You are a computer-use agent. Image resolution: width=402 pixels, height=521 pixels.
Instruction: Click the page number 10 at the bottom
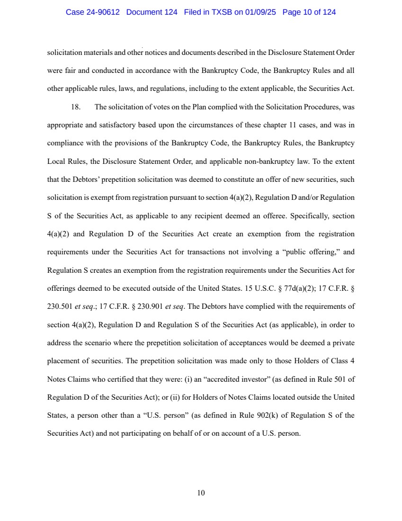201,493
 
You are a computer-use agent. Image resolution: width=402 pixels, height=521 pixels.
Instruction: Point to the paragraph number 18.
75,107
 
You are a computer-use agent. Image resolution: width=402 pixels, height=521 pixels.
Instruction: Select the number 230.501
59,306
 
